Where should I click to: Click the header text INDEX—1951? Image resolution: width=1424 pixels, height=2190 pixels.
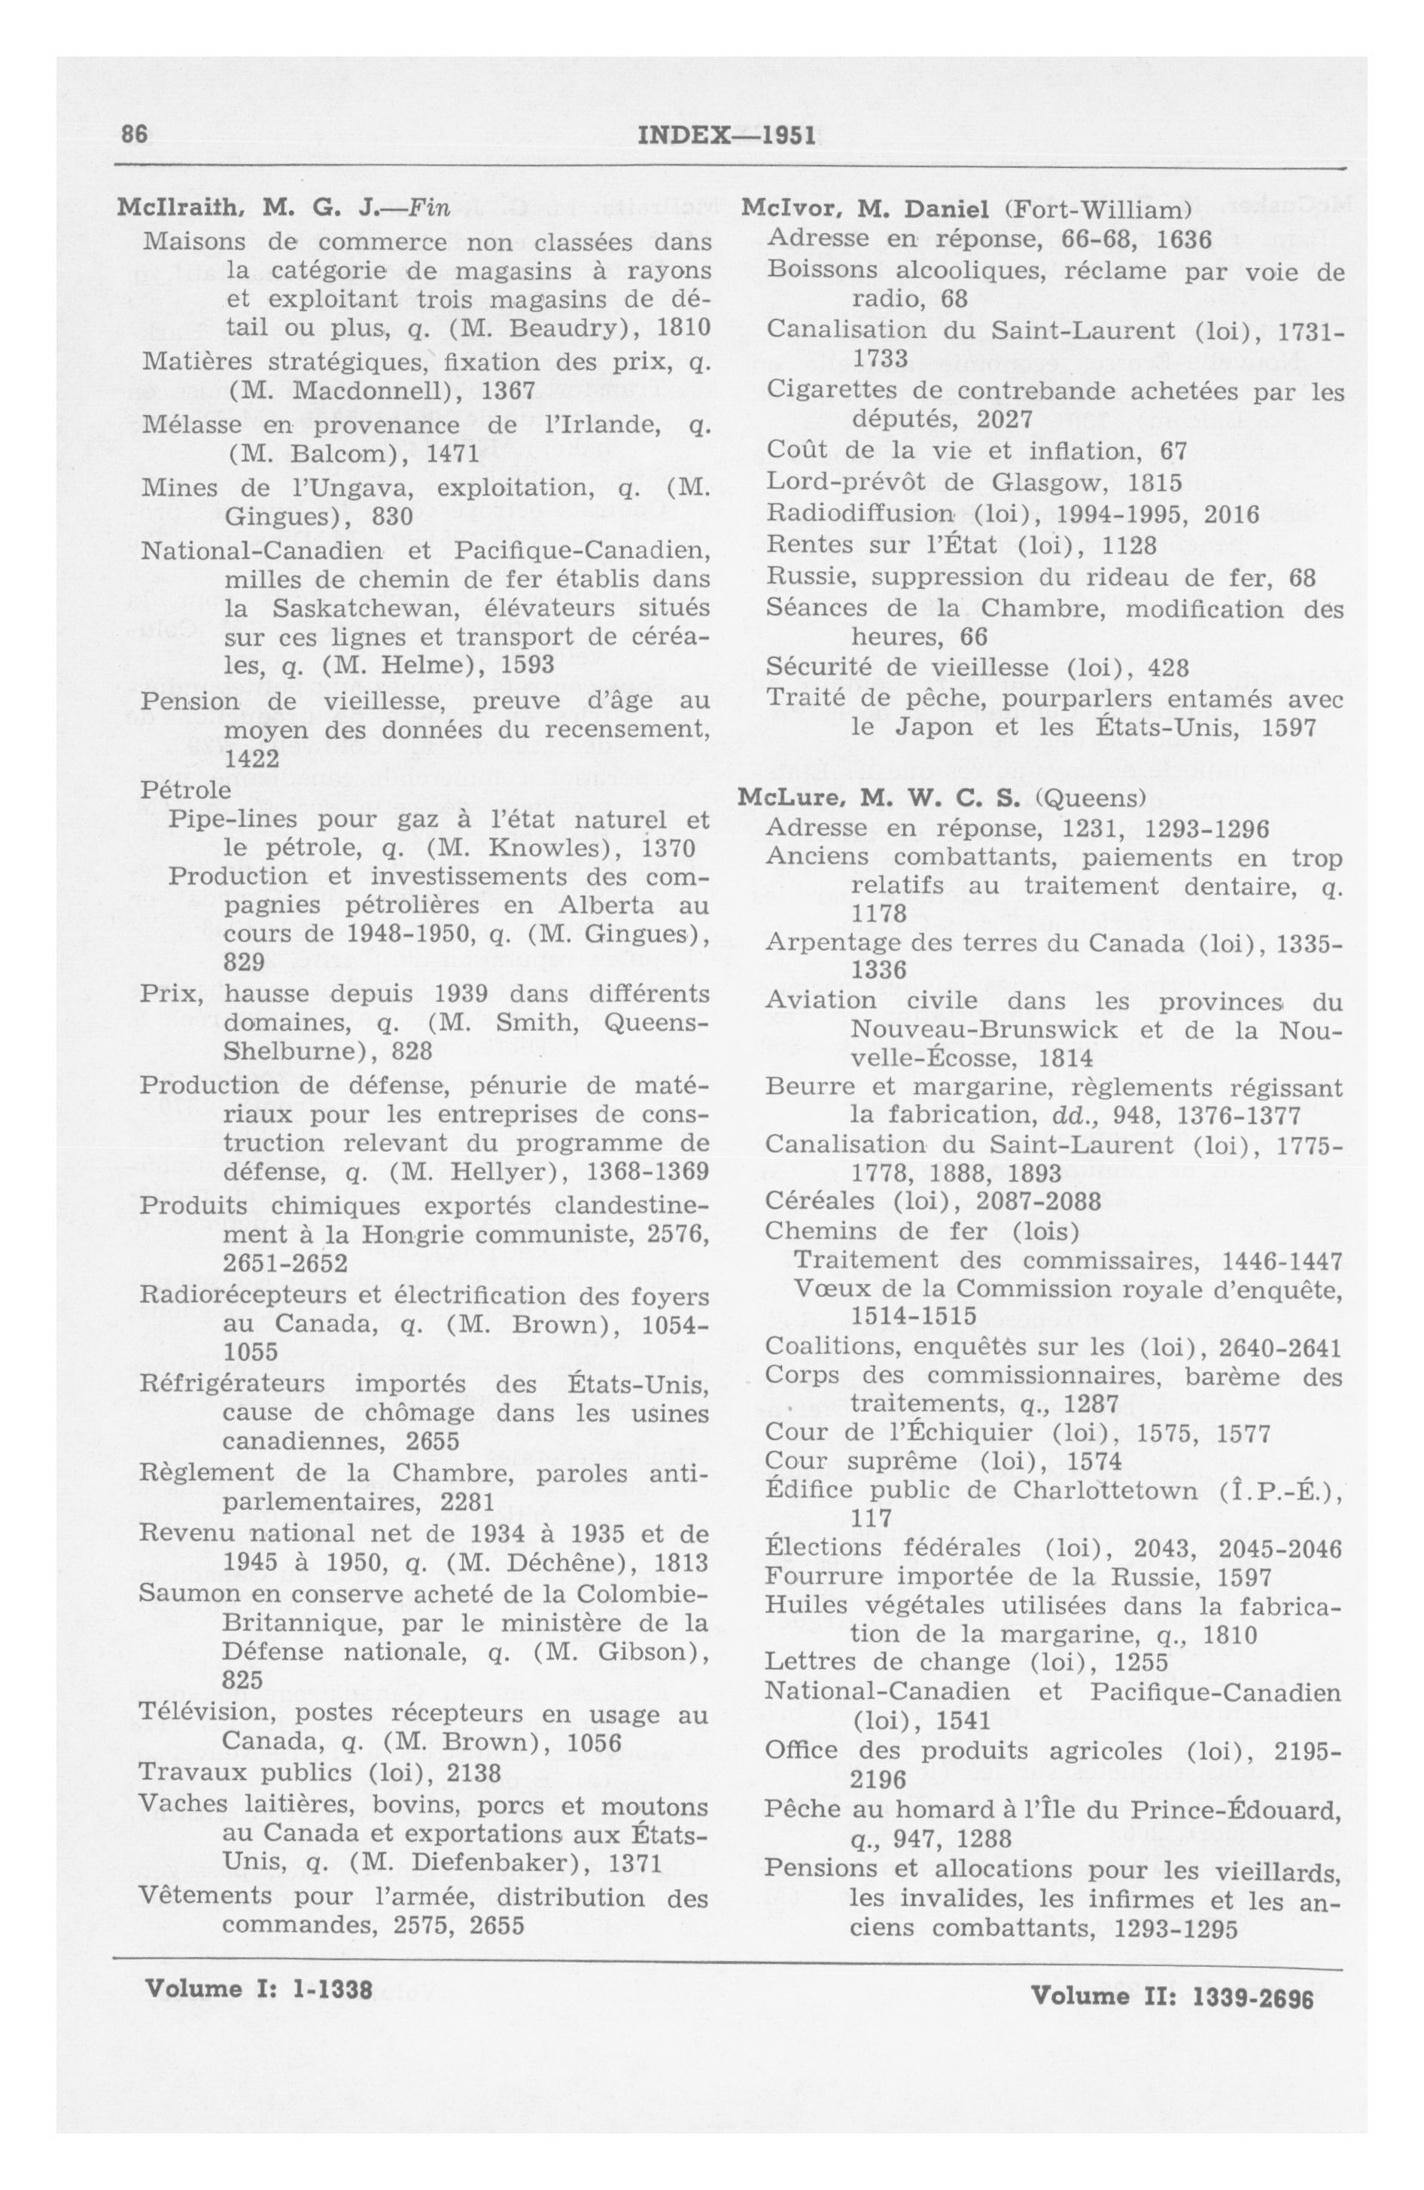[726, 136]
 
